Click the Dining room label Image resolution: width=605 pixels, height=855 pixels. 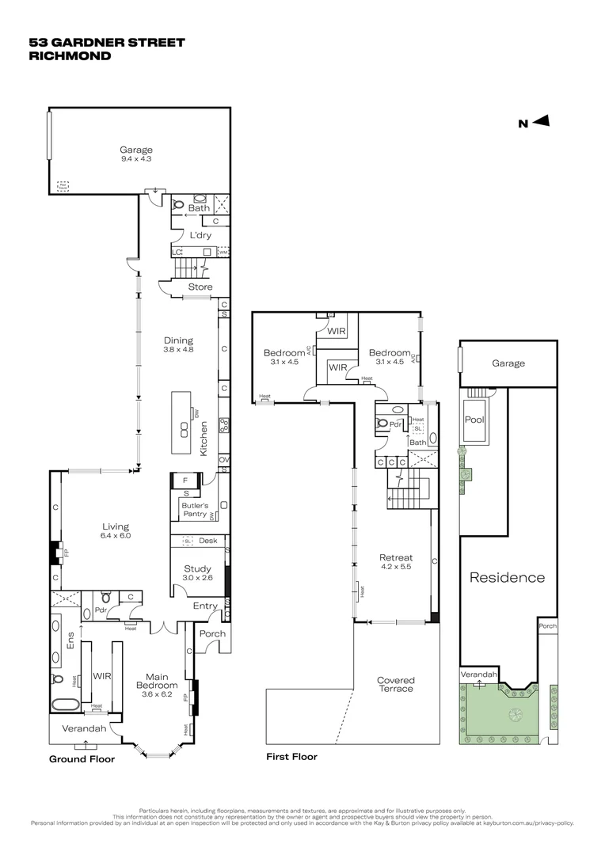pos(178,345)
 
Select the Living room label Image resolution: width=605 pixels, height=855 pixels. pos(115,530)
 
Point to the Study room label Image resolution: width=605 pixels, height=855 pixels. pos(197,572)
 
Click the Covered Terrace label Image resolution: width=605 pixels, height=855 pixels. pos(395,684)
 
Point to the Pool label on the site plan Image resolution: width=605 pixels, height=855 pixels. pos(474,420)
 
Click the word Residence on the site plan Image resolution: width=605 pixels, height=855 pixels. pos(508,577)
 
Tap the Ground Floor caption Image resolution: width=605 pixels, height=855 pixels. pos(82,758)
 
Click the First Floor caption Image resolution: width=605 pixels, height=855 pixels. pos(291,757)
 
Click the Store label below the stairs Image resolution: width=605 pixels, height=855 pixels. pos(200,287)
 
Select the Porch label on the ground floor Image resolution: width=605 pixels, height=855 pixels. pos(212,633)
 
